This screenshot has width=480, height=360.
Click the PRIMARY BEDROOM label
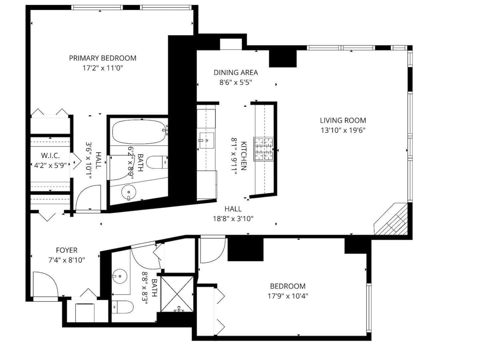tap(103, 58)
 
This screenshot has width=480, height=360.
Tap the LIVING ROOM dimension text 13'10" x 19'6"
tap(343, 130)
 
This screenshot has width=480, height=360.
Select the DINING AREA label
tap(236, 73)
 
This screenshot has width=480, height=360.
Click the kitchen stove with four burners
tap(264, 149)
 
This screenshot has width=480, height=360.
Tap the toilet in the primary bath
tap(157, 162)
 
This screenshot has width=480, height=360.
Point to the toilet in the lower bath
tap(122, 307)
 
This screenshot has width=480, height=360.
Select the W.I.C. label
tap(51, 156)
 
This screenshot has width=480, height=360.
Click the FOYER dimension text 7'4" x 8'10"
tap(67, 260)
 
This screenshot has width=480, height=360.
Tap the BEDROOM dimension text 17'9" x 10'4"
tap(287, 296)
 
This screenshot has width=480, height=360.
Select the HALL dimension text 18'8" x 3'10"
tap(233, 219)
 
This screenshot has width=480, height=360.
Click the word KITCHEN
tap(244, 156)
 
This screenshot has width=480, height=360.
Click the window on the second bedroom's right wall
tap(369, 307)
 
